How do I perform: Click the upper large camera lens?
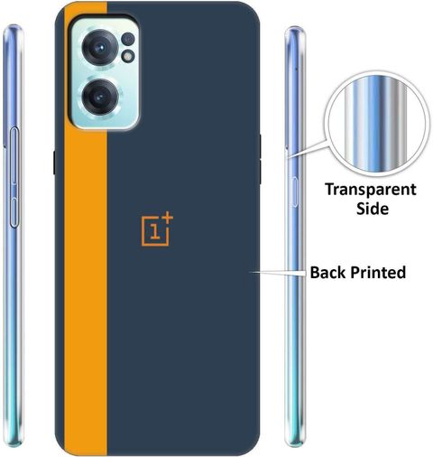[99, 47]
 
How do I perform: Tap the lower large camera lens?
[99, 97]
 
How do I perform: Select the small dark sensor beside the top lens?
[128, 39]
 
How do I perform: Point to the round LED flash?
[128, 56]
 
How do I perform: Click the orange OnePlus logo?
[157, 229]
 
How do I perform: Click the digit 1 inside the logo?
[155, 232]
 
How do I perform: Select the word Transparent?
[371, 190]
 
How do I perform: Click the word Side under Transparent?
[373, 208]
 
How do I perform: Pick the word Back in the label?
[328, 272]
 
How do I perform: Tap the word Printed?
[378, 272]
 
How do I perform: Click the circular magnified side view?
[377, 124]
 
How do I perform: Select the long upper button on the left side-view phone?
[14, 155]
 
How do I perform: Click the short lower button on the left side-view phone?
[14, 212]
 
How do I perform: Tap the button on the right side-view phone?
[294, 191]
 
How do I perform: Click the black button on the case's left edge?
[54, 163]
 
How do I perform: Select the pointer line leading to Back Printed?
[279, 273]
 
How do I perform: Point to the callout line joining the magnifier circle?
[307, 148]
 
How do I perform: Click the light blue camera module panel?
[105, 73]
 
